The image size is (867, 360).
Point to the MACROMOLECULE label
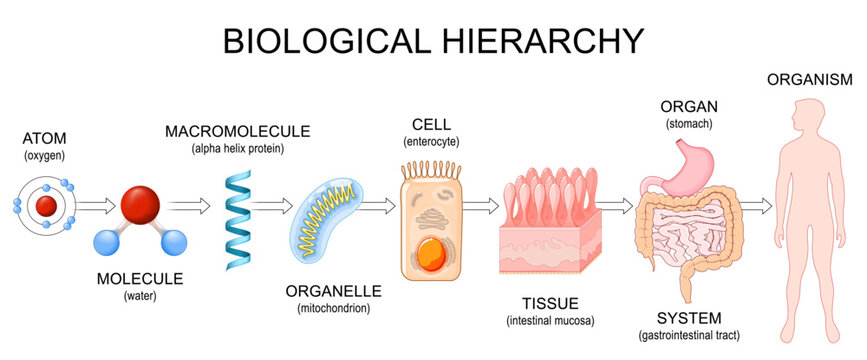click(238, 131)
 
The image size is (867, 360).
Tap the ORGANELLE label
click(333, 291)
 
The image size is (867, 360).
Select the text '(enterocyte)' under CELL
click(430, 142)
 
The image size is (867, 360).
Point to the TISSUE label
click(547, 303)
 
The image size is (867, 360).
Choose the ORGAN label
click(687, 106)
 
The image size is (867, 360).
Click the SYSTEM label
click(687, 316)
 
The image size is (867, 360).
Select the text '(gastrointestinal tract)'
click(687, 333)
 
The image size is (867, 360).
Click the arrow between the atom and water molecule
click(96, 207)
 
